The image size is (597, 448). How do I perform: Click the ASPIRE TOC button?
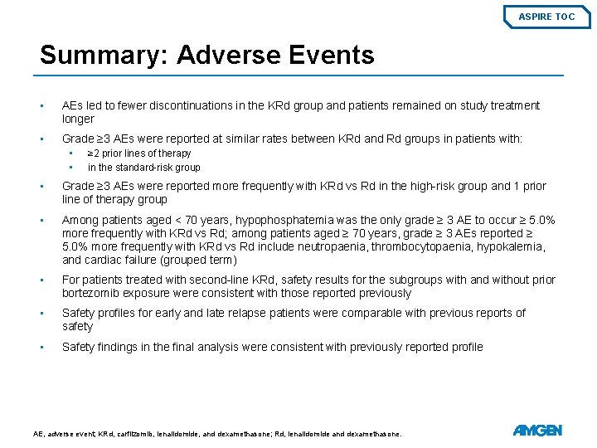click(x=546, y=16)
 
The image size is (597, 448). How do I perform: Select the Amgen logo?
click(x=537, y=431)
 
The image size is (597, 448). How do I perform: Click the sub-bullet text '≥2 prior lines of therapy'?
click(x=139, y=153)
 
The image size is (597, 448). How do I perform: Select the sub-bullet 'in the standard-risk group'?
click(x=143, y=167)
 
